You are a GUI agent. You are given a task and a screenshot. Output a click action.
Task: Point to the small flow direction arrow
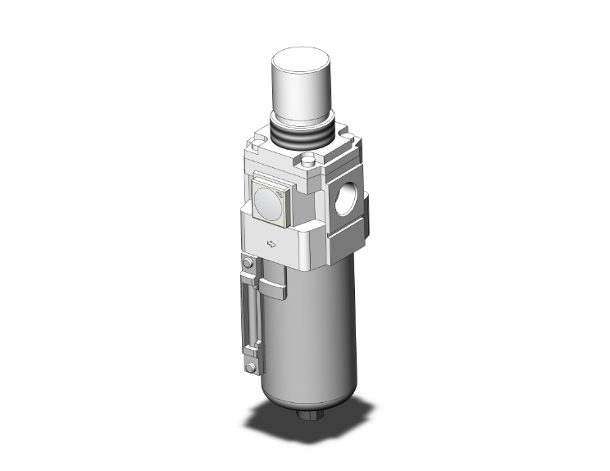[x=271, y=243]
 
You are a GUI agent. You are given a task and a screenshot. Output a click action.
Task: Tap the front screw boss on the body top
[x=310, y=161]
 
